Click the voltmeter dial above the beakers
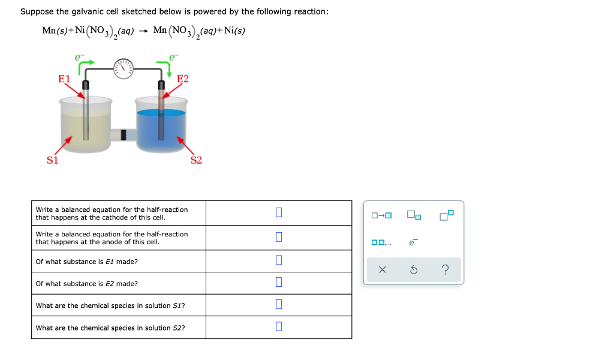pos(125,68)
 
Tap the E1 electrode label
pos(64,79)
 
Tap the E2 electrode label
pos(183,79)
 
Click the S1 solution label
pos(53,160)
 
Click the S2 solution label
pos(196,160)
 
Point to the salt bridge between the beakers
pos(124,134)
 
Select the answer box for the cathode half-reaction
pos(278,212)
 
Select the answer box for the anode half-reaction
pos(278,237)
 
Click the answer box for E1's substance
pos(278,260)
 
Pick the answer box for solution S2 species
pos(278,327)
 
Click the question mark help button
pos(445,270)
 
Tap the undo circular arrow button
pos(413,270)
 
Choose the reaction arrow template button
pos(381,215)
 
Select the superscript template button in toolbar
pos(446,214)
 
